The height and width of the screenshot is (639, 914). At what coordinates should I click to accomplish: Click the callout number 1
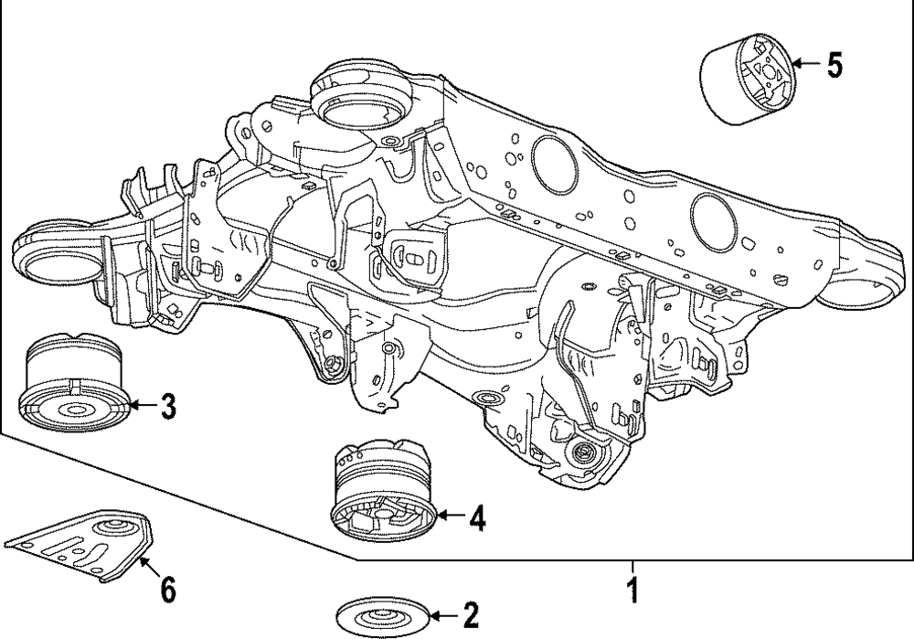(x=632, y=590)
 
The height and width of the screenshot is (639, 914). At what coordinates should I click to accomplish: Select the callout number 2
(x=471, y=615)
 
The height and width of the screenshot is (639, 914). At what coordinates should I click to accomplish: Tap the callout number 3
(x=168, y=406)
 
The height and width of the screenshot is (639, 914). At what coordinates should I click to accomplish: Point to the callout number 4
(x=477, y=517)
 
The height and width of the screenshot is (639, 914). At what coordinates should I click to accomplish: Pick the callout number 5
(x=834, y=65)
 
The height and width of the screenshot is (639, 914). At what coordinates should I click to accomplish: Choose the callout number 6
(x=167, y=590)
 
